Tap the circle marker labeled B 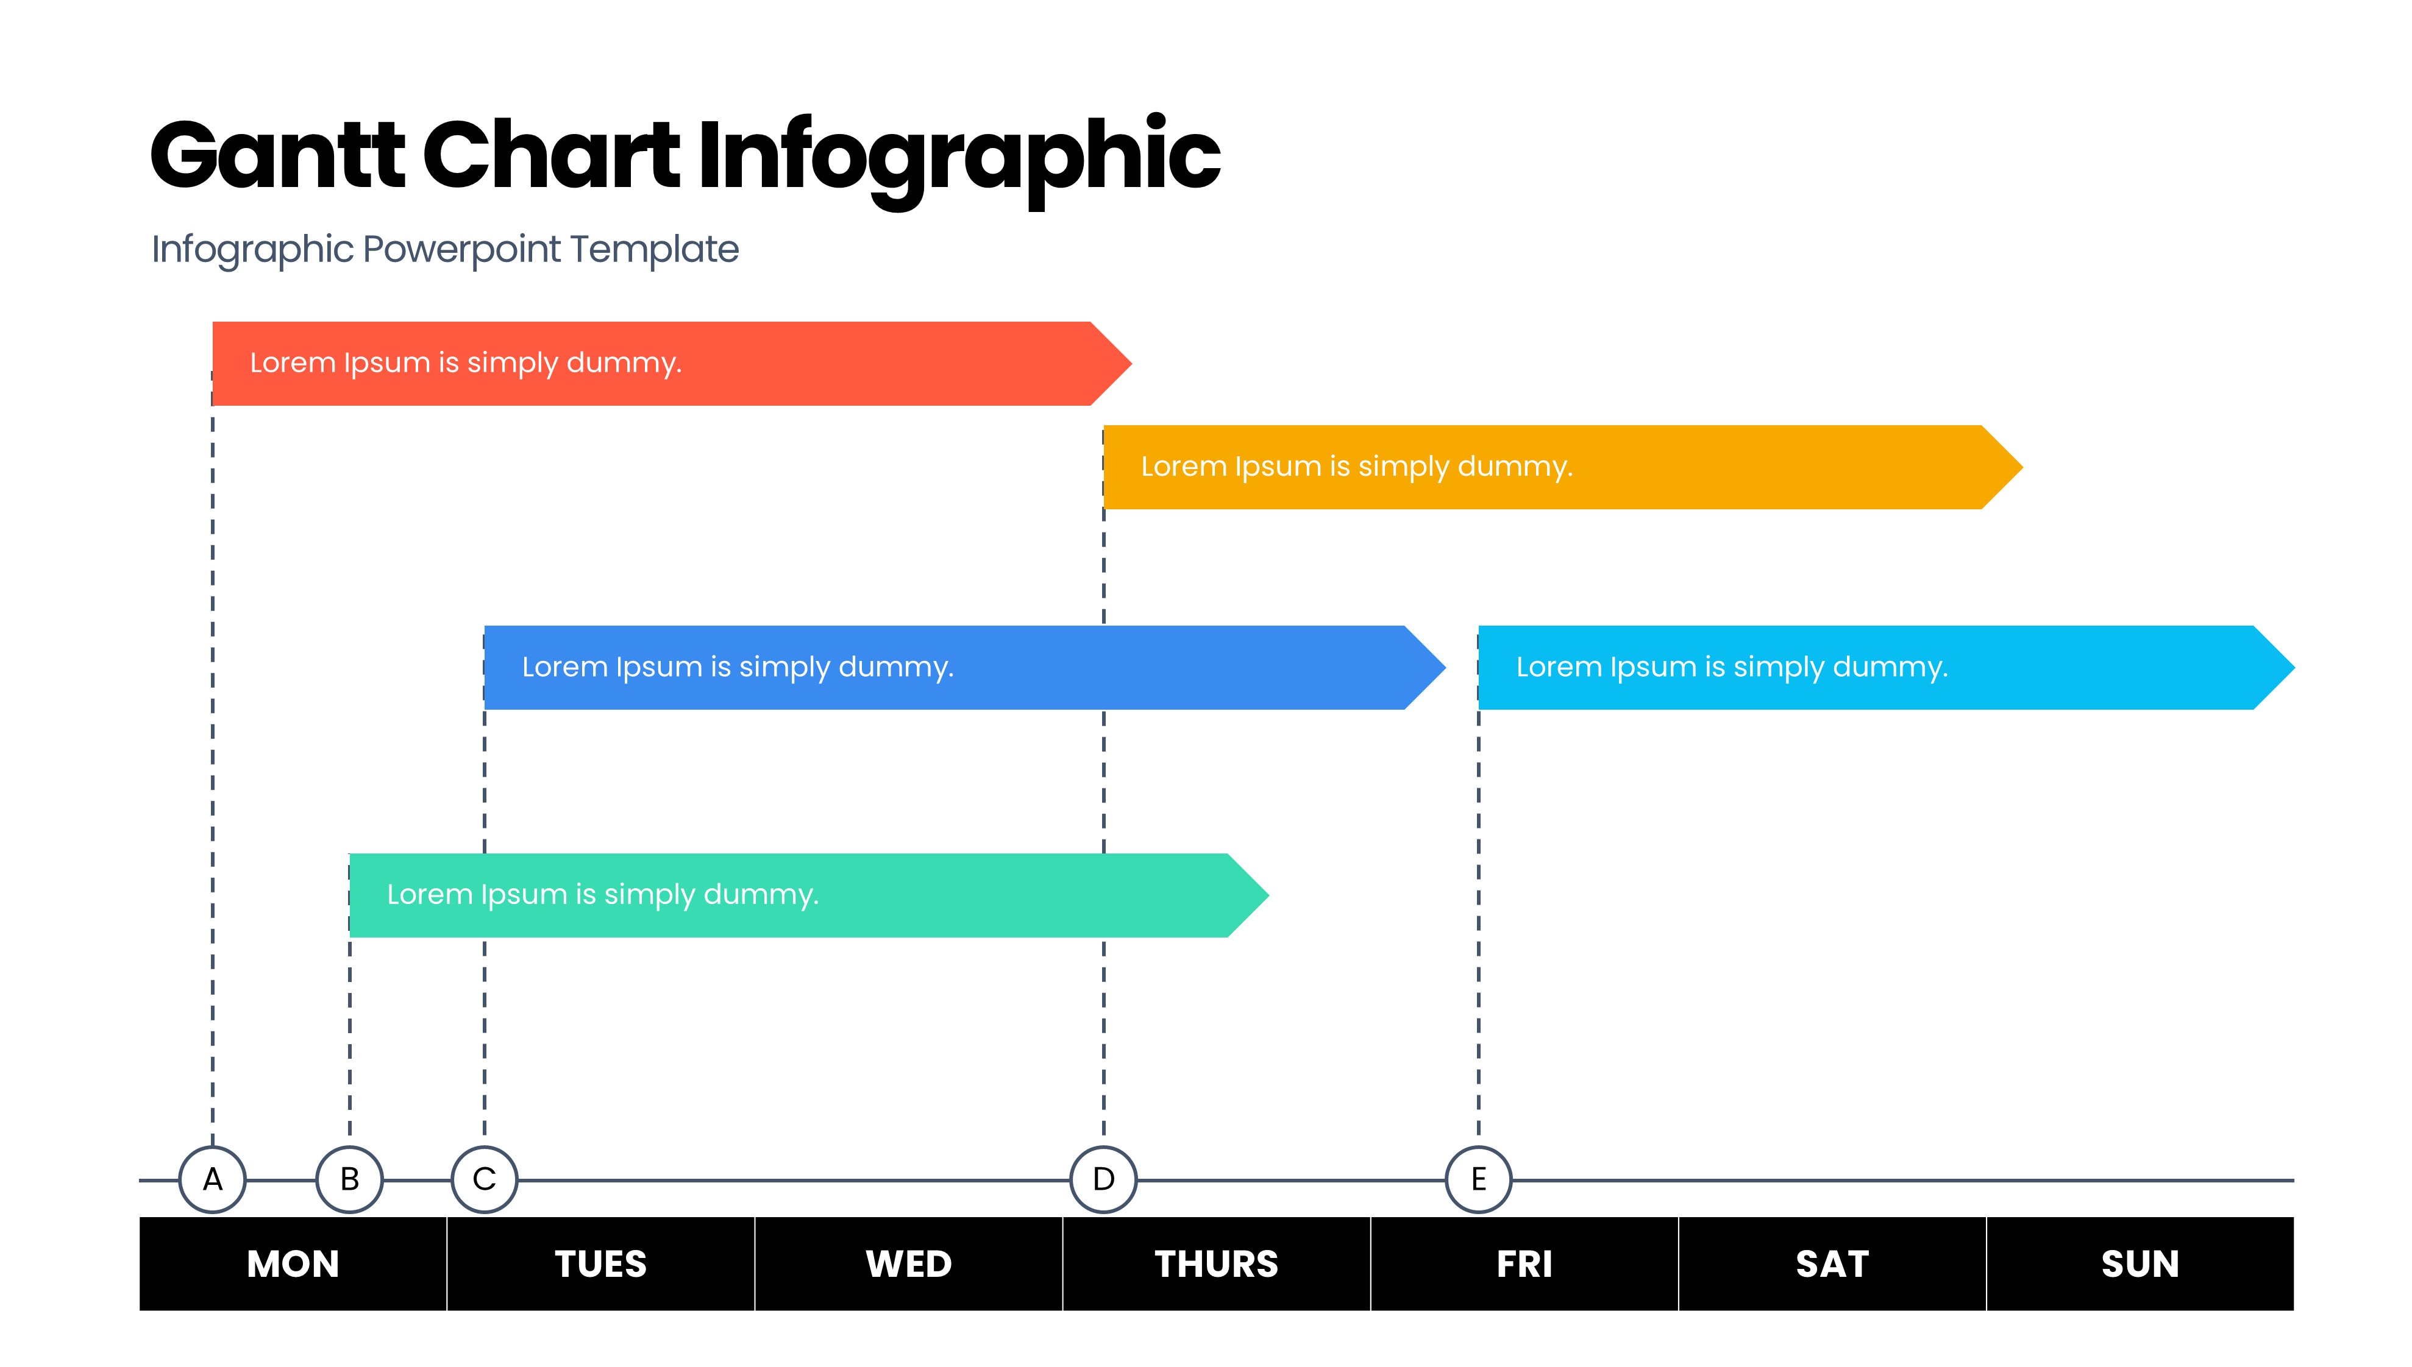[349, 1179]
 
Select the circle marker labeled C [485, 1179]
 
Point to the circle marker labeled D [1104, 1179]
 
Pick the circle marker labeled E [1478, 1179]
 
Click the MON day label [293, 1263]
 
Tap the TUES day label [601, 1263]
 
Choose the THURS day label [1216, 1263]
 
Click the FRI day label [1524, 1263]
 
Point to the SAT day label [1832, 1263]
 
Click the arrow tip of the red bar [1132, 363]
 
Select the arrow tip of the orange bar [2022, 467]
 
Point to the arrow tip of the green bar [1269, 895]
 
